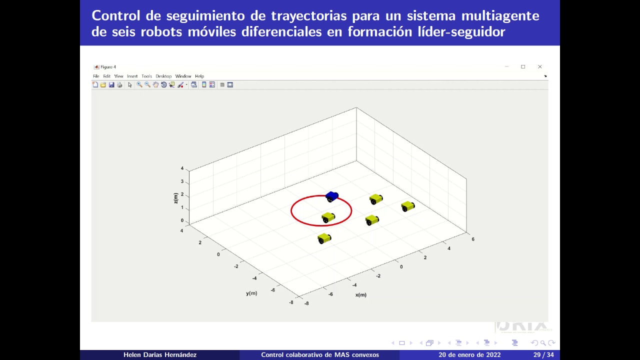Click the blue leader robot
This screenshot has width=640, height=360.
pyautogui.click(x=331, y=196)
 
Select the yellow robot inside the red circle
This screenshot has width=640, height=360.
pyautogui.click(x=328, y=217)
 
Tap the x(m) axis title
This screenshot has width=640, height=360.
pyautogui.click(x=361, y=295)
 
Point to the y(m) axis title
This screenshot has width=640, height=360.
pyautogui.click(x=251, y=293)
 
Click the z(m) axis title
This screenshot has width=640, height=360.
pyautogui.click(x=175, y=198)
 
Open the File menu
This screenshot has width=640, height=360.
pyautogui.click(x=96, y=76)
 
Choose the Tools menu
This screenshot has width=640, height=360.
pyautogui.click(x=146, y=76)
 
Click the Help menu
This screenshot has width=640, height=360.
pyautogui.click(x=199, y=76)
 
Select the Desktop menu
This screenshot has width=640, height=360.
pyautogui.click(x=163, y=76)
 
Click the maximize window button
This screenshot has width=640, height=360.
pyautogui.click(x=523, y=66)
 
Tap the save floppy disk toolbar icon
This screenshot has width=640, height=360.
pyautogui.click(x=111, y=85)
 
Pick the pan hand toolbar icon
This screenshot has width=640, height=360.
pyautogui.click(x=155, y=85)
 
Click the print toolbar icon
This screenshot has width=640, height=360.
pyautogui.click(x=119, y=85)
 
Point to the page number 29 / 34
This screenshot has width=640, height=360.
pyautogui.click(x=543, y=355)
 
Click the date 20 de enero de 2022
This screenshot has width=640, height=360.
pyautogui.click(x=469, y=355)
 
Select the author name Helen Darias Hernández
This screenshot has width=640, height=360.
pyautogui.click(x=160, y=355)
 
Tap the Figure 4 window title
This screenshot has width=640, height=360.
pyautogui.click(x=108, y=67)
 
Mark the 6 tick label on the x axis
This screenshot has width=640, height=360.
pyautogui.click(x=473, y=239)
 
